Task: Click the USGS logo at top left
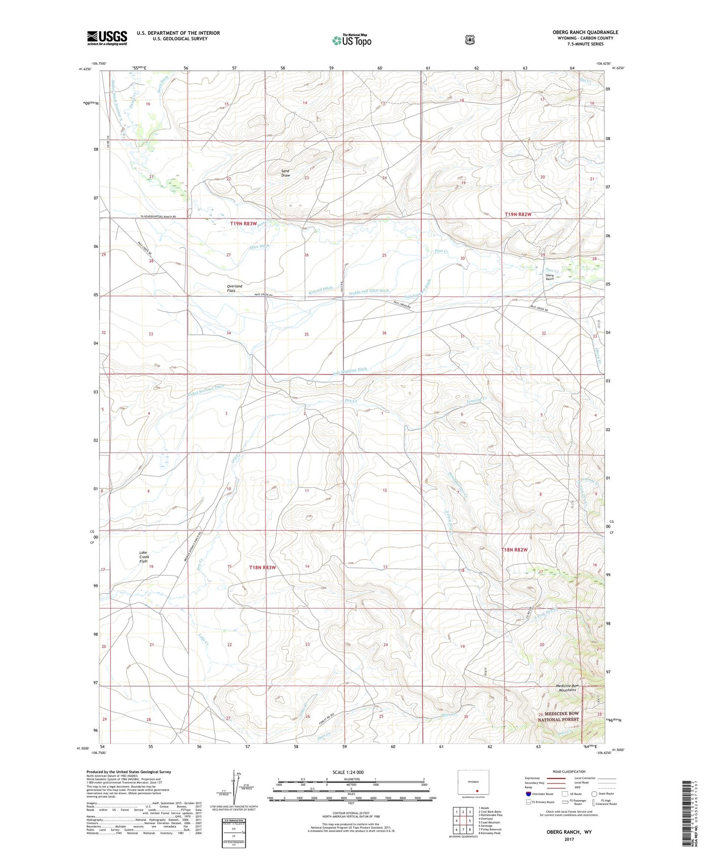click(107, 38)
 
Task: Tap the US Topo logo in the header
click(351, 40)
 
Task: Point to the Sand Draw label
click(285, 173)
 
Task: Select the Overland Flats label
click(234, 288)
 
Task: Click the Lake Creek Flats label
click(144, 557)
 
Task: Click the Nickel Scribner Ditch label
click(206, 391)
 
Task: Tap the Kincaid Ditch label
click(320, 291)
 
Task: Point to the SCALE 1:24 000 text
click(348, 773)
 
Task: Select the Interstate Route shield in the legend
click(528, 794)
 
